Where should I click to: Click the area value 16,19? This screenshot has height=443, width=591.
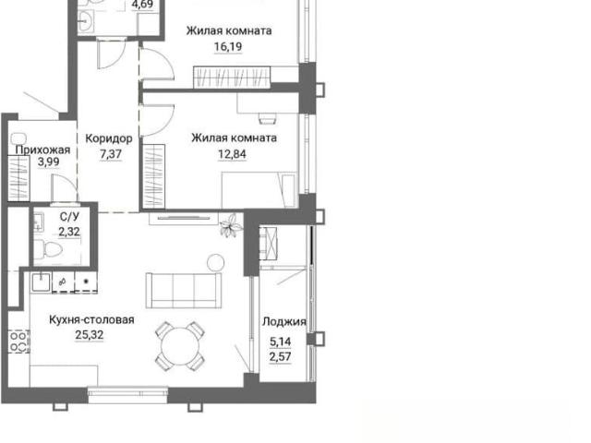[x=228, y=47]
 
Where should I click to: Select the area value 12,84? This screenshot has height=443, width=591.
[x=232, y=154]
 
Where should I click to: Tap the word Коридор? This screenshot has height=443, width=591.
[x=109, y=138]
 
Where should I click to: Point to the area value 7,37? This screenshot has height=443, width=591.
[x=111, y=154]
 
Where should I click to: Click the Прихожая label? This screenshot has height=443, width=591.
[x=42, y=150]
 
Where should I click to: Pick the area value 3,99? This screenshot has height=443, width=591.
[x=49, y=162]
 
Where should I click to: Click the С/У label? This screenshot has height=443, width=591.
[x=70, y=217]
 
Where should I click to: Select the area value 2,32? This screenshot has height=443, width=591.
[x=69, y=232]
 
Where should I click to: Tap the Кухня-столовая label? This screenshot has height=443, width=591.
[x=91, y=319]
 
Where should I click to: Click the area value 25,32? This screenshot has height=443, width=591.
[x=90, y=334]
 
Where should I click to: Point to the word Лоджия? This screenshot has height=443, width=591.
[x=284, y=322]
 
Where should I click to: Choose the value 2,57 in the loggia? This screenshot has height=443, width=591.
[x=280, y=356]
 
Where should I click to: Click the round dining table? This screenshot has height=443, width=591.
[x=180, y=346]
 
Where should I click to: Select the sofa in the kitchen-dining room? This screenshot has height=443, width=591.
[x=184, y=291]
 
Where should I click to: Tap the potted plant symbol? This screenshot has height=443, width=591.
[x=230, y=225]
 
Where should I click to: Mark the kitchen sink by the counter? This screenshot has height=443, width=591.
[x=41, y=282]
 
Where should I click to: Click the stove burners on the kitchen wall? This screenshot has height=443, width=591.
[x=19, y=341]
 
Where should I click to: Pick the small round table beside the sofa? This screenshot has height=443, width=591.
[x=215, y=262]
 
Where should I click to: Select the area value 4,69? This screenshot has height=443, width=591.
[x=142, y=5]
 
